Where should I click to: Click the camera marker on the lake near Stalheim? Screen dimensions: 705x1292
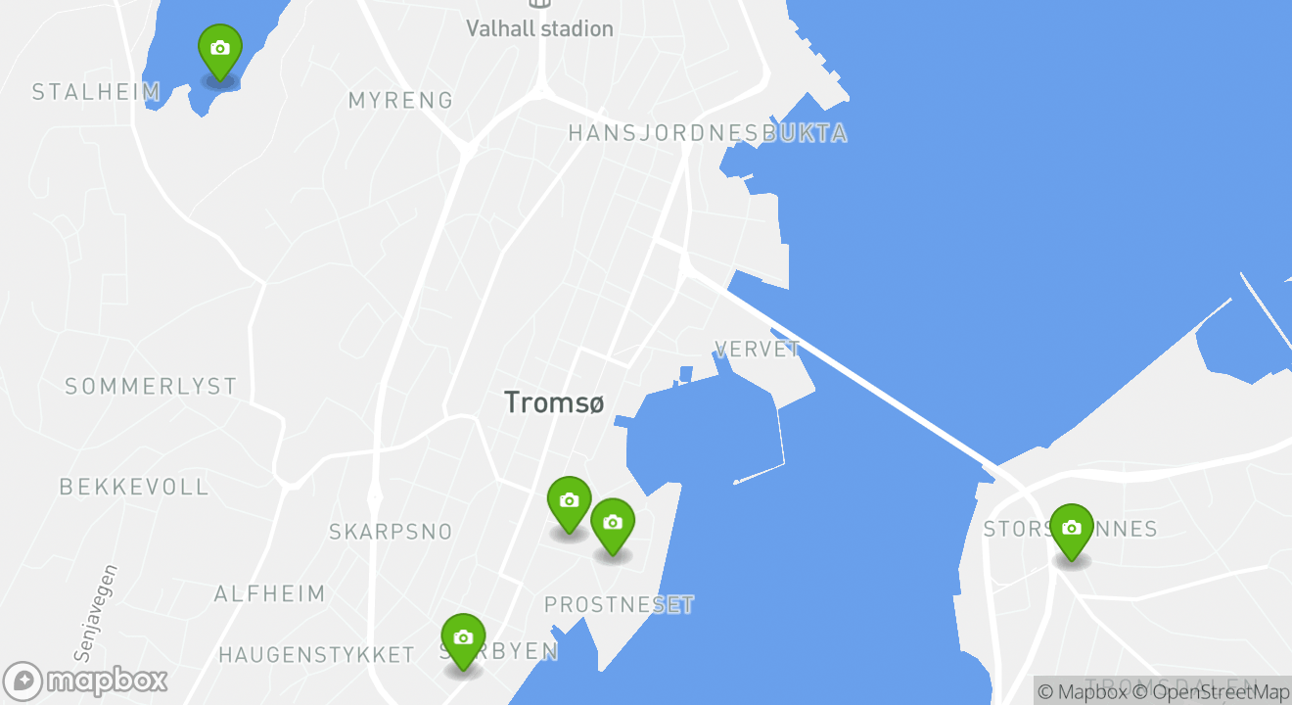click(220, 49)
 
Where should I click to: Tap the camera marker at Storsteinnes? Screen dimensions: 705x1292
click(1072, 529)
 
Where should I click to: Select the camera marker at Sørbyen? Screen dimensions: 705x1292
click(463, 638)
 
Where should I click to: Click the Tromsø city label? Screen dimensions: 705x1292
click(554, 402)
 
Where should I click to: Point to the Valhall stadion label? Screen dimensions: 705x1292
click(539, 28)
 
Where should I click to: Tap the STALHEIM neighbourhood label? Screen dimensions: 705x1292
click(96, 92)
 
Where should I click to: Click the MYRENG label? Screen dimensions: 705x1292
click(401, 100)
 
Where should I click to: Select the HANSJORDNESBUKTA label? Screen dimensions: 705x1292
click(708, 133)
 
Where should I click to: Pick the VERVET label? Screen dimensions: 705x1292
click(758, 349)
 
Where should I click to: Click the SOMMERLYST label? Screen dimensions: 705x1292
click(151, 387)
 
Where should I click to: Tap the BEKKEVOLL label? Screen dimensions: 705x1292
click(134, 487)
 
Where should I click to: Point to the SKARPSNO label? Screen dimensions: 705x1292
click(391, 532)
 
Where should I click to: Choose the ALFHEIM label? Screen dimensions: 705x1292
click(269, 593)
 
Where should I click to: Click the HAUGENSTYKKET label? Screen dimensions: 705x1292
click(316, 654)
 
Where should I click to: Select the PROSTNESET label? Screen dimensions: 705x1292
click(619, 605)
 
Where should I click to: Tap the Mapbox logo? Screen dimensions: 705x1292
click(86, 681)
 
